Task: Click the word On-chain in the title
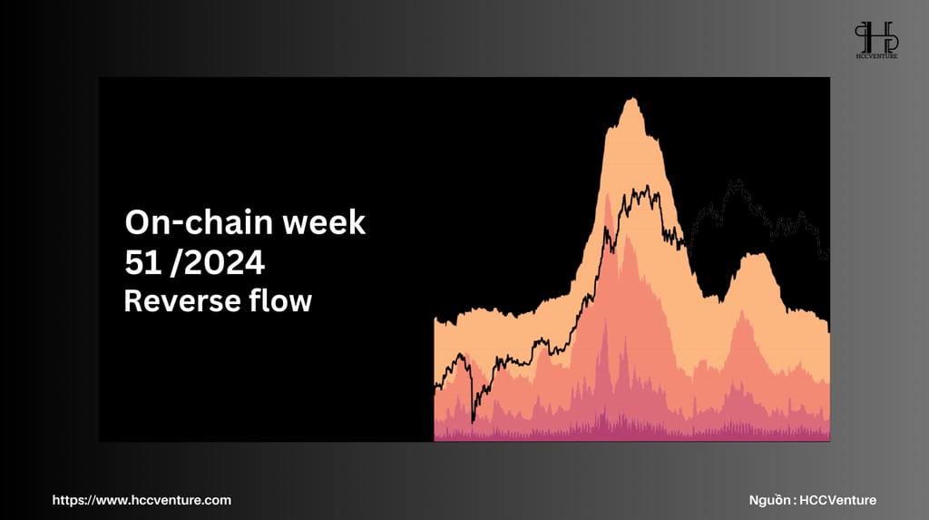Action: [x=199, y=222]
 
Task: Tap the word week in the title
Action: [x=324, y=222]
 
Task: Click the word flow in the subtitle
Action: [x=279, y=300]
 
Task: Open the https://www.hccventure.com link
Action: [x=142, y=500]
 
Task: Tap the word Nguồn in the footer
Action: [x=769, y=500]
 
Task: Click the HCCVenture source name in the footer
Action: [x=837, y=500]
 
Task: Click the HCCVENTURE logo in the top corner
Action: [x=876, y=40]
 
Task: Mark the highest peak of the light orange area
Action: [x=632, y=98]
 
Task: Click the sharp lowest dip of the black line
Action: [x=473, y=422]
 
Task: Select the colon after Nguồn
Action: [x=794, y=501]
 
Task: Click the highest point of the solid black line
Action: [x=647, y=187]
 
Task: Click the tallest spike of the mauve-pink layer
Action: [x=605, y=320]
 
